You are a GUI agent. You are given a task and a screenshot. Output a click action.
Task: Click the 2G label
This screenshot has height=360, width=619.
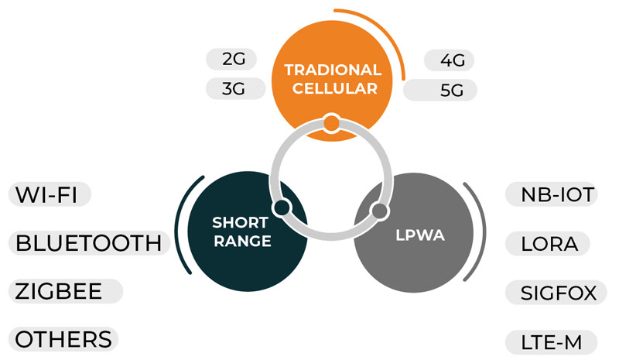click(232, 60)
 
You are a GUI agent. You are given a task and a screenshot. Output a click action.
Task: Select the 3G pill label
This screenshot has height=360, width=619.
click(232, 88)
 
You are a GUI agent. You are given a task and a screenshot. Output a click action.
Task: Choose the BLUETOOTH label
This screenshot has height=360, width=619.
click(88, 243)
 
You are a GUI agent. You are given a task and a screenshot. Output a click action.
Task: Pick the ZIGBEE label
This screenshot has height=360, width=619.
click(66, 292)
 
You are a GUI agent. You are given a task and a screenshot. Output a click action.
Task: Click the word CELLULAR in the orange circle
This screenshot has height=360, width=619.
click(332, 88)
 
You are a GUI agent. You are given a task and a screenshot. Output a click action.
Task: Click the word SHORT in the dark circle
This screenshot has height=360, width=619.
click(241, 224)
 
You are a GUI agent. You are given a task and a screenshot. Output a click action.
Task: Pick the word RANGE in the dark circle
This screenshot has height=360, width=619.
click(241, 242)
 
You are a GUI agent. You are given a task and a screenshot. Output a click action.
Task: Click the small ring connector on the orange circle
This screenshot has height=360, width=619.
click(332, 122)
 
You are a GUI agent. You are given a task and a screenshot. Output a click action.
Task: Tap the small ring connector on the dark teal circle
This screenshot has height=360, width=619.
click(282, 207)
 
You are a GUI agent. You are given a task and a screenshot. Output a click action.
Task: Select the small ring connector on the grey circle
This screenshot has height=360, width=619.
click(379, 210)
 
